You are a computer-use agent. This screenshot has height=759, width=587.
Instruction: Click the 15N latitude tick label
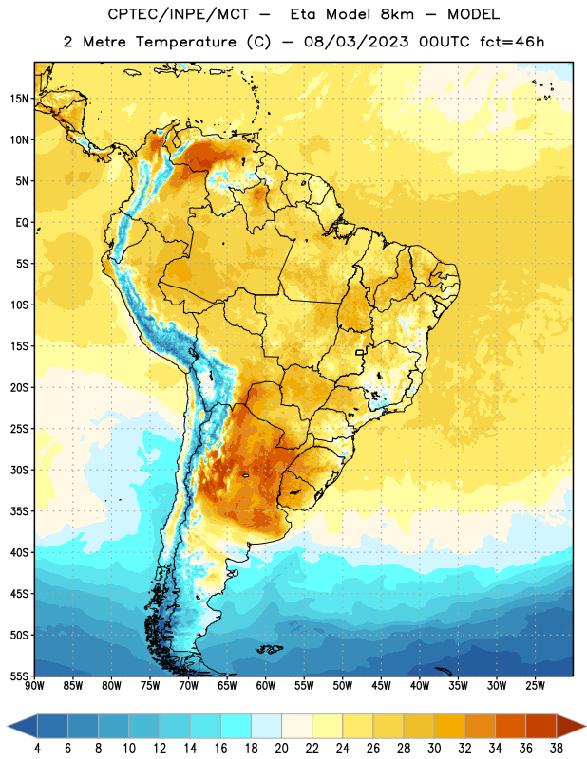pos(19,99)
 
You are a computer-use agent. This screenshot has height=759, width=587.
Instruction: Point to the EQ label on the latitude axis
pos(22,223)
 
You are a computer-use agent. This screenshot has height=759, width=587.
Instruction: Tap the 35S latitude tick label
pos(19,511)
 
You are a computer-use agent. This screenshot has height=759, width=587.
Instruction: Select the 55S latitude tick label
pos(19,676)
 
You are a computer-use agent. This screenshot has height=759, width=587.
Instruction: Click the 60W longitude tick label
pos(266,686)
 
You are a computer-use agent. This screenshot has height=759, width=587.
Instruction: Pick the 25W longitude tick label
pos(535,686)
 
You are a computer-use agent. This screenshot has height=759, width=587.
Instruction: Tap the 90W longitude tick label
pos(35,686)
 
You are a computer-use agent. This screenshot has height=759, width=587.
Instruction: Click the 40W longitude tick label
pos(420,686)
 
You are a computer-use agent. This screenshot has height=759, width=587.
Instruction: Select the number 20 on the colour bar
pos(281,749)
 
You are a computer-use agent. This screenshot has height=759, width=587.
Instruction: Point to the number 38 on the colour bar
pos(556,749)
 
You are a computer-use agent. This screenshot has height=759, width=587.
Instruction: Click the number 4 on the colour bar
pos(37,749)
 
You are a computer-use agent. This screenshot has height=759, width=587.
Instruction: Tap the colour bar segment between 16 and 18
pos(236,726)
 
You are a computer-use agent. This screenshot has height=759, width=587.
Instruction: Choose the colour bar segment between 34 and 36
pos(510,726)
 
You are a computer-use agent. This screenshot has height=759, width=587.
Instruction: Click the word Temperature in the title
pos(185,42)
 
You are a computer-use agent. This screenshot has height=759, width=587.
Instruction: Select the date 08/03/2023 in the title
pos(356,42)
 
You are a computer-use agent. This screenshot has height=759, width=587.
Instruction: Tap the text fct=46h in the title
pos(512,42)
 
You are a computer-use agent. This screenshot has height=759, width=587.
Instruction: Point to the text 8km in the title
pos(397,14)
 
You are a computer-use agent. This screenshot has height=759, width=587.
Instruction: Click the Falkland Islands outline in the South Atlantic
pos(269,649)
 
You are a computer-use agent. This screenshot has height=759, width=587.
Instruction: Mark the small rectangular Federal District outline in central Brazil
pos(360,352)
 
